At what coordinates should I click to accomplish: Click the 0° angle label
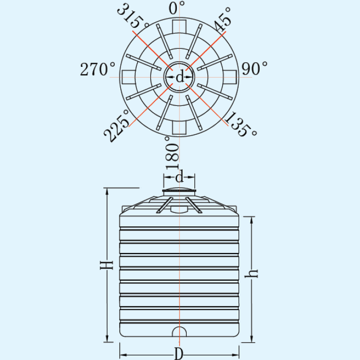click(x=176, y=8)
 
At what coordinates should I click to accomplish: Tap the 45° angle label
click(x=223, y=20)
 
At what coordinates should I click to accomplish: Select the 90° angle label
click(x=255, y=68)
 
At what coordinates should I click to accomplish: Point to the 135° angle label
click(x=241, y=124)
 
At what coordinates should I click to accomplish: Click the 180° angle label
click(x=172, y=153)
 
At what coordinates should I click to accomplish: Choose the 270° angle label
click(x=97, y=69)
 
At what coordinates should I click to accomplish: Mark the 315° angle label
click(x=133, y=15)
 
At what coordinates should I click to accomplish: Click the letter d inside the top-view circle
click(x=180, y=77)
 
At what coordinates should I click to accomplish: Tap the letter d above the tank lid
click(x=179, y=177)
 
